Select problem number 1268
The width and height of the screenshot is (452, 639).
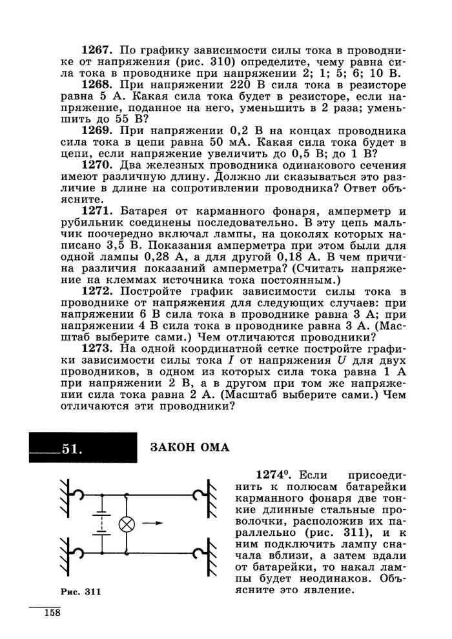pos(97,84)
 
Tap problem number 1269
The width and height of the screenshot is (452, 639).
pos(97,131)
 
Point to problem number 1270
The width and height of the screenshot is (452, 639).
pos(97,166)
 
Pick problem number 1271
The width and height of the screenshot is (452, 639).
pos(97,211)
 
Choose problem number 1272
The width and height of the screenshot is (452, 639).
pos(97,292)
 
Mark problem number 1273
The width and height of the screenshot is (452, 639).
pos(97,349)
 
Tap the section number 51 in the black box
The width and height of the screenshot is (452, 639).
pos(72,449)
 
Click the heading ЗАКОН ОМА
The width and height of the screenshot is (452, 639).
pos(190,447)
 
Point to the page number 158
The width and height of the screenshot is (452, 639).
pos(52,613)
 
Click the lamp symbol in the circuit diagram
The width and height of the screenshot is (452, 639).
pos(127,524)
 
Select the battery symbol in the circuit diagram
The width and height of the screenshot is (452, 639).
pos(100,523)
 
